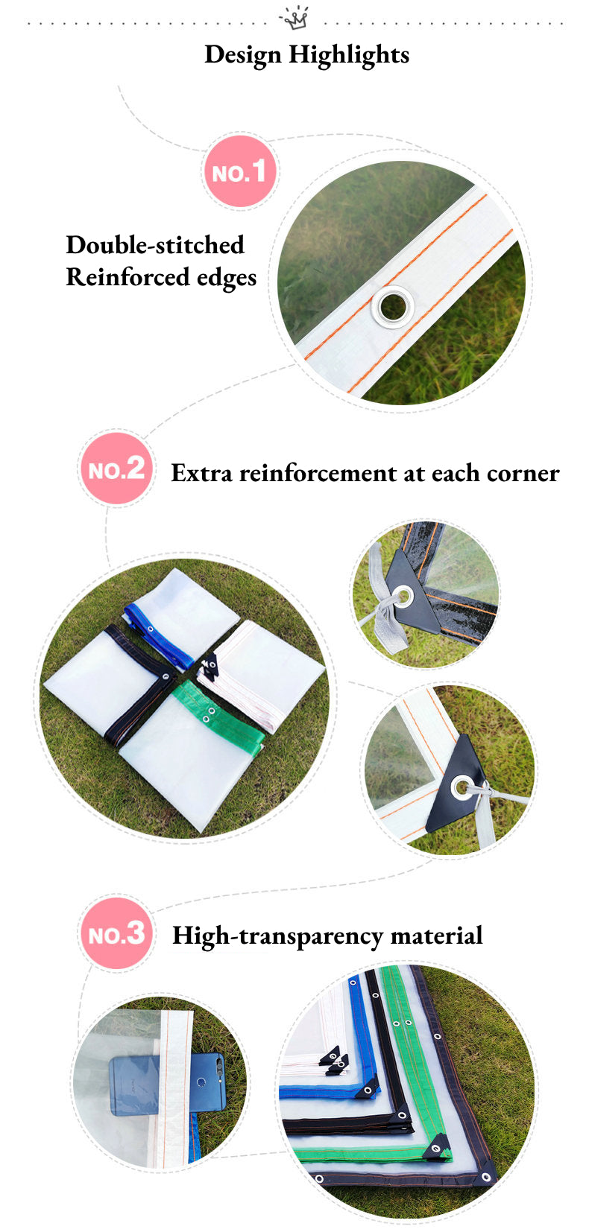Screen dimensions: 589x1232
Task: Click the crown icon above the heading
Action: (x=294, y=18)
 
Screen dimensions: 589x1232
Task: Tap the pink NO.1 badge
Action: (x=239, y=171)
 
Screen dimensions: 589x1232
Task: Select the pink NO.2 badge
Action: (x=116, y=469)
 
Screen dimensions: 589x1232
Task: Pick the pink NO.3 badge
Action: (x=116, y=933)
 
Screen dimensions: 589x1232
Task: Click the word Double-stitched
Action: (x=155, y=245)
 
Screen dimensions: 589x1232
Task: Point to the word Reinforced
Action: (x=127, y=276)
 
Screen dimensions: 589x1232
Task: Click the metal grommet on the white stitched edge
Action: (x=393, y=307)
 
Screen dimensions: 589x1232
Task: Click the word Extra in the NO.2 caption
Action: (x=201, y=473)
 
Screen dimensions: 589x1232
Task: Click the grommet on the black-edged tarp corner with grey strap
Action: (x=403, y=596)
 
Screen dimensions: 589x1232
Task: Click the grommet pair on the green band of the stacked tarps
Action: (x=402, y=1023)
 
